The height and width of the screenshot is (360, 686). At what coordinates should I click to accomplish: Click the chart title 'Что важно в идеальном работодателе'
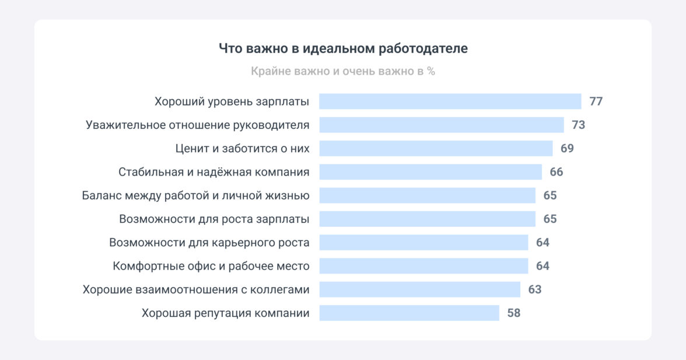pos(343,48)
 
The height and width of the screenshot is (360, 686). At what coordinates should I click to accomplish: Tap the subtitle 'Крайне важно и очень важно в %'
pos(343,72)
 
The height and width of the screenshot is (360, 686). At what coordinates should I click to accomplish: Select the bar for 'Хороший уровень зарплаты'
pos(450,102)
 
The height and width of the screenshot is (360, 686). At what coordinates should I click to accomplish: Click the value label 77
pos(596,102)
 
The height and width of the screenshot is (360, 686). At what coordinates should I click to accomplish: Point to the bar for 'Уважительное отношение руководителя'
pos(441,125)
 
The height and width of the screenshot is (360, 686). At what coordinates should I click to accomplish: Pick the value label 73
pos(578,125)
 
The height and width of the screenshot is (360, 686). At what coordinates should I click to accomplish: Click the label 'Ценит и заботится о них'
pos(242,148)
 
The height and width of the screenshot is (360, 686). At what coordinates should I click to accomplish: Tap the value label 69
pos(567,148)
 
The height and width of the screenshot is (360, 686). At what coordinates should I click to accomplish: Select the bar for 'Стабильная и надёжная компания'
pos(430,172)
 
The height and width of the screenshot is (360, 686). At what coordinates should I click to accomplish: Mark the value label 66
pos(556,172)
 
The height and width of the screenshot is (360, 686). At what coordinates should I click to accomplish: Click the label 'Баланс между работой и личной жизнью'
pos(195,195)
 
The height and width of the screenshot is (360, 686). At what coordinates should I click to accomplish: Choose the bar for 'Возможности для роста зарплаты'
pos(427,219)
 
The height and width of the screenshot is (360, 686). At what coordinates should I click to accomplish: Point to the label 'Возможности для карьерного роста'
pos(209,243)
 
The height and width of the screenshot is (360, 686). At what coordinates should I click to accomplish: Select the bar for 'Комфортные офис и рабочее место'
pos(423,266)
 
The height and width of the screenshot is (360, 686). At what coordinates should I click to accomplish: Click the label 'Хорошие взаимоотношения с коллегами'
pos(196,289)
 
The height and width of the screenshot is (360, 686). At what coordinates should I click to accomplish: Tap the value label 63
pos(534,289)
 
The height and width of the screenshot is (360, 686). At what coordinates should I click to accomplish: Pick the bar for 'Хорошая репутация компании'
pos(409,313)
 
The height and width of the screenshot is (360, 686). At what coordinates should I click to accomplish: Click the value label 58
pos(513,313)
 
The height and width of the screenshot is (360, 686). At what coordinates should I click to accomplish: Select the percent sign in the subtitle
pos(430,72)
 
